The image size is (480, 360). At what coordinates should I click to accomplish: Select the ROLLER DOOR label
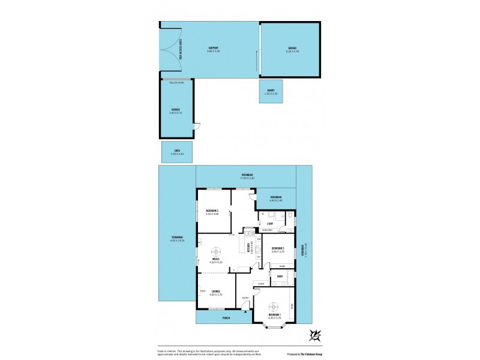pyautogui.click(x=176, y=82)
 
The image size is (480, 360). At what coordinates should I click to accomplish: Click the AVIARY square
pyautogui.click(x=271, y=93)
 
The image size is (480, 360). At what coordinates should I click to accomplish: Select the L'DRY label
pyautogui.click(x=271, y=223)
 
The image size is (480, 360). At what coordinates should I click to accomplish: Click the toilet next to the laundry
pyautogui.click(x=289, y=215)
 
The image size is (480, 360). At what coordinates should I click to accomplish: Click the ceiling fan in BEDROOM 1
pyautogui.click(x=274, y=305)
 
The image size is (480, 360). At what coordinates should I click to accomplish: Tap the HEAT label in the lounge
pyautogui.click(x=203, y=292)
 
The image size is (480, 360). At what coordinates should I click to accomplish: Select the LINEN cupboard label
pyautogui.click(x=261, y=283)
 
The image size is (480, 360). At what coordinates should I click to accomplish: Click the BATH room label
pyautogui.click(x=280, y=277)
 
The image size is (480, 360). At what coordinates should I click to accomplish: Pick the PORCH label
pyautogui.click(x=226, y=318)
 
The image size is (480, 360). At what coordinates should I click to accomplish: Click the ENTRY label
pyautogui.click(x=245, y=298)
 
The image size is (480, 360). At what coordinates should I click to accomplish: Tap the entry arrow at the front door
pyautogui.click(x=245, y=309)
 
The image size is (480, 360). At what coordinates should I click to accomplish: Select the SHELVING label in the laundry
pyautogui.click(x=268, y=230)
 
